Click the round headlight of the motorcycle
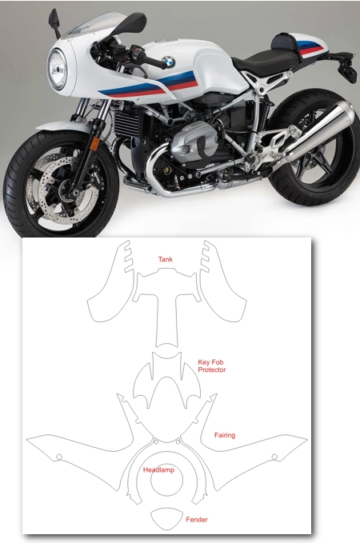tap(57, 70)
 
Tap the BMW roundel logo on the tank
tap(169, 62)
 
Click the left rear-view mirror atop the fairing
tap(54, 20)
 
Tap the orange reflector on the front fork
tap(94, 143)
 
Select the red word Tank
tap(166, 259)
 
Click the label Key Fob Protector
tap(211, 365)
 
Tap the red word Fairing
tap(225, 435)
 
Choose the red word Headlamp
tap(158, 469)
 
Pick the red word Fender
tap(197, 520)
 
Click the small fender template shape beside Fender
tap(166, 519)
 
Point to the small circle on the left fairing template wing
tap(59, 457)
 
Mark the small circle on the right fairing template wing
tap(274, 457)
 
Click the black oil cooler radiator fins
tap(127, 122)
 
